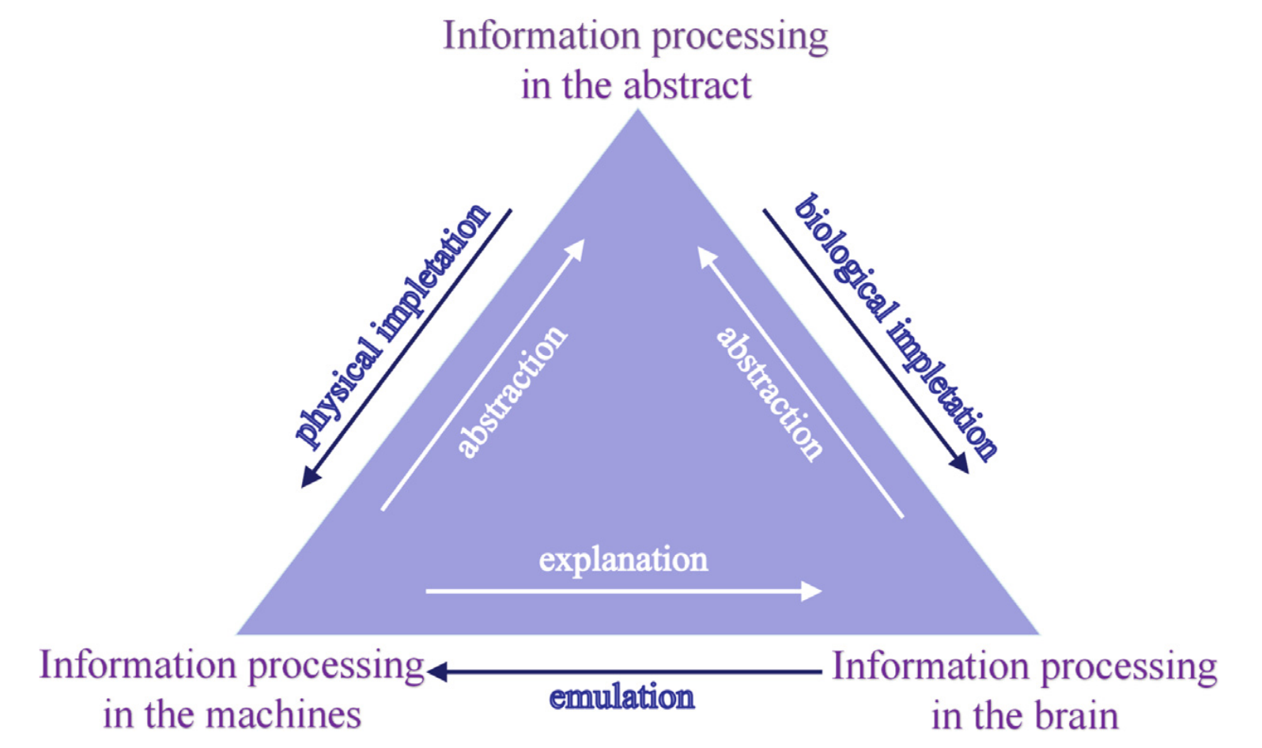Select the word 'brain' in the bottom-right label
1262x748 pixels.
(x=1076, y=716)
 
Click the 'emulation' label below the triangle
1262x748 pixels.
(x=622, y=697)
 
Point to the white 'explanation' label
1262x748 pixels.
(x=623, y=560)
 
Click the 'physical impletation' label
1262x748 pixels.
(x=392, y=324)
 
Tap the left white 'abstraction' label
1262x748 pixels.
(x=512, y=391)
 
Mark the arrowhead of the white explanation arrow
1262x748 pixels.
(x=813, y=591)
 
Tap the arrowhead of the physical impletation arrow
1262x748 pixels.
(x=310, y=478)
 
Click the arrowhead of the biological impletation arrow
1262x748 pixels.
(x=960, y=464)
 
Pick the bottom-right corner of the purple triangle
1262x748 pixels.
(x=1038, y=633)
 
